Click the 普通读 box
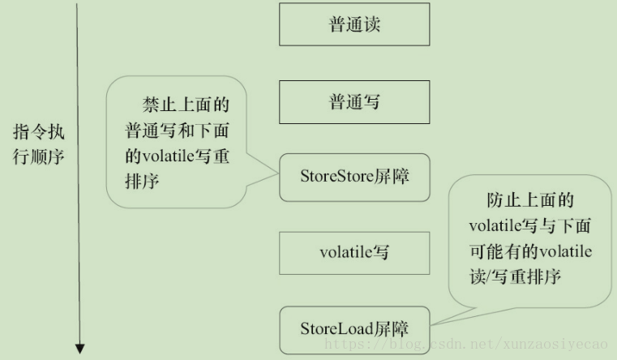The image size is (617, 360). [x=354, y=25]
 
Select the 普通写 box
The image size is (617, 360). [x=354, y=102]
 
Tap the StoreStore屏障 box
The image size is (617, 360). [x=354, y=175]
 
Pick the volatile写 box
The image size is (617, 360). [x=354, y=252]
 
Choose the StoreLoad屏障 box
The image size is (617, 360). [x=354, y=328]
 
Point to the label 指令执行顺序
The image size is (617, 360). [x=39, y=143]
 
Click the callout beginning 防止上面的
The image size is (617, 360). [x=530, y=238]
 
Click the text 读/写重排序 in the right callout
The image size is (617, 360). [x=516, y=277]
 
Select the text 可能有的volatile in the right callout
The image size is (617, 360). [x=530, y=251]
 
